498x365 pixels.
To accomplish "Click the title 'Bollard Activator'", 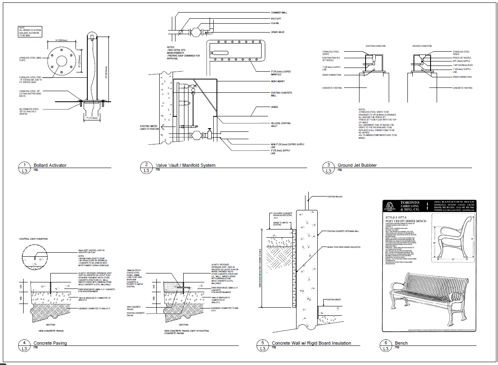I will point(50,165).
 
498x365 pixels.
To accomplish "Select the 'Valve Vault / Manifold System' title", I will point(185,165).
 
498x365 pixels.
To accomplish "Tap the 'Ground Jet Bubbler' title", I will point(357,165).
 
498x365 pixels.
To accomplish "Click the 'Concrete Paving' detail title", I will point(50,343).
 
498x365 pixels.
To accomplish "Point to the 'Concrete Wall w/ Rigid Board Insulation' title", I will point(311,343).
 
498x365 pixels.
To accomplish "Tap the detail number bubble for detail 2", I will point(146,165).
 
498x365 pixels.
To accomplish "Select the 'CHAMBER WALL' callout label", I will point(279,13).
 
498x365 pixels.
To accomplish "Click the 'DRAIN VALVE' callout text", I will point(277,31).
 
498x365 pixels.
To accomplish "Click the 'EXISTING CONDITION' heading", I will point(375,46).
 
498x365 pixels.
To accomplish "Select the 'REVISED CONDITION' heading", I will point(422,46).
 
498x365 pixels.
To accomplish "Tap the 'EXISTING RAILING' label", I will point(335,197).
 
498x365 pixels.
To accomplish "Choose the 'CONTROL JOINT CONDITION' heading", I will point(33,239).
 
